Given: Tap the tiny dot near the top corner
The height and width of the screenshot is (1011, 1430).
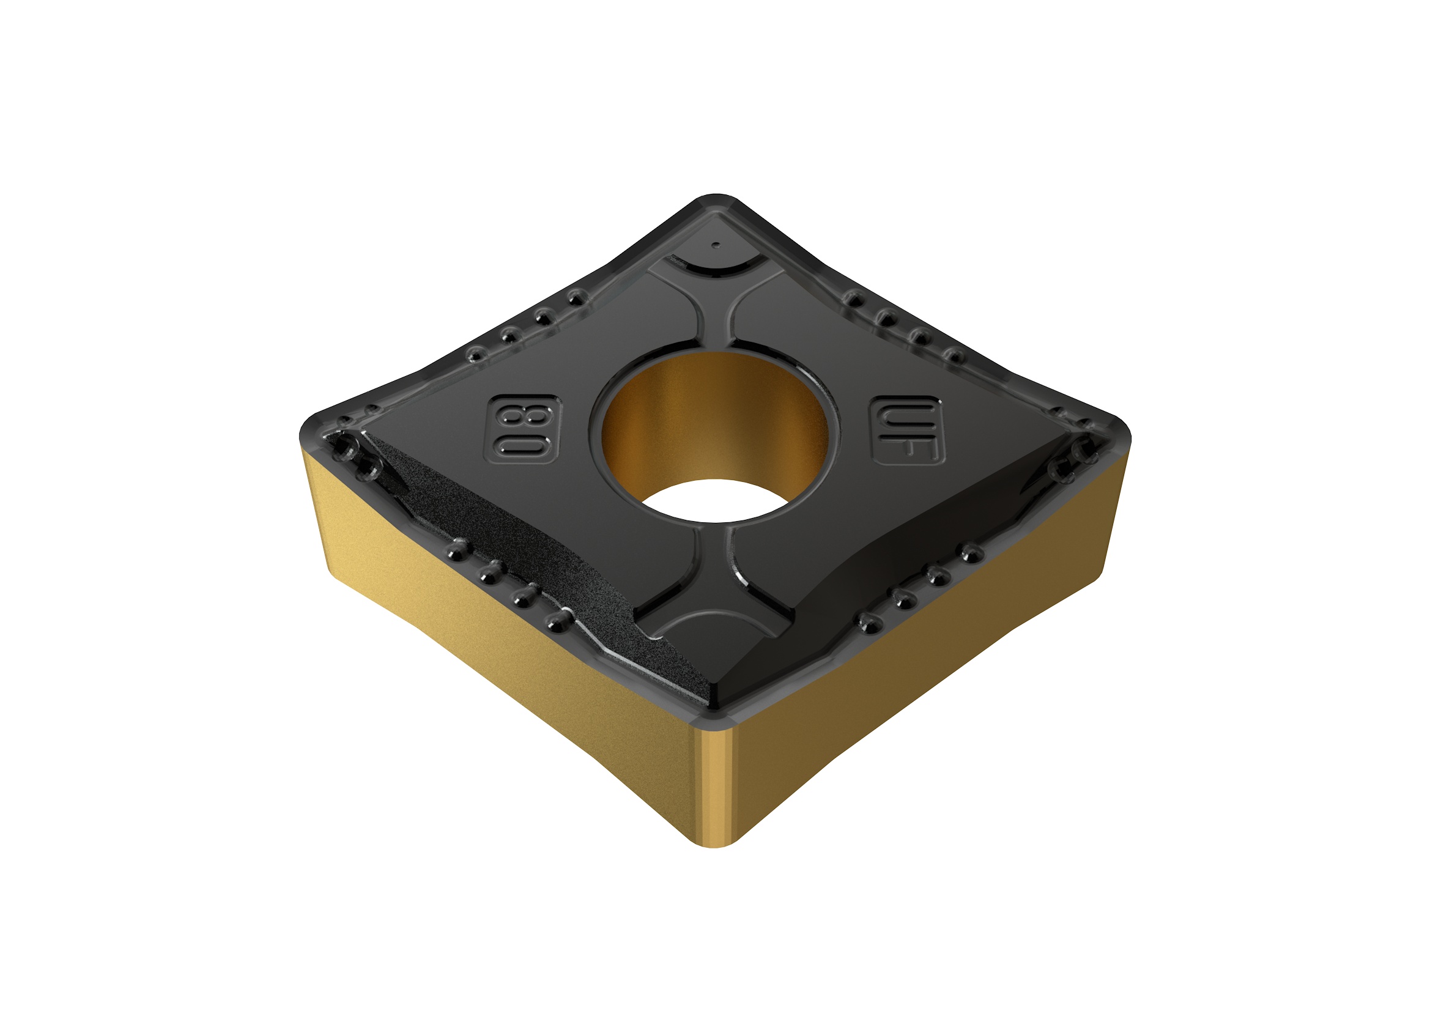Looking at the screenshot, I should [x=716, y=245].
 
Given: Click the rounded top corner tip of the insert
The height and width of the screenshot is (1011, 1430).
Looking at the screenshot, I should [x=716, y=201].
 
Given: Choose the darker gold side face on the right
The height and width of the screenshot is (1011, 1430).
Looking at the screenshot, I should [x=934, y=654].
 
